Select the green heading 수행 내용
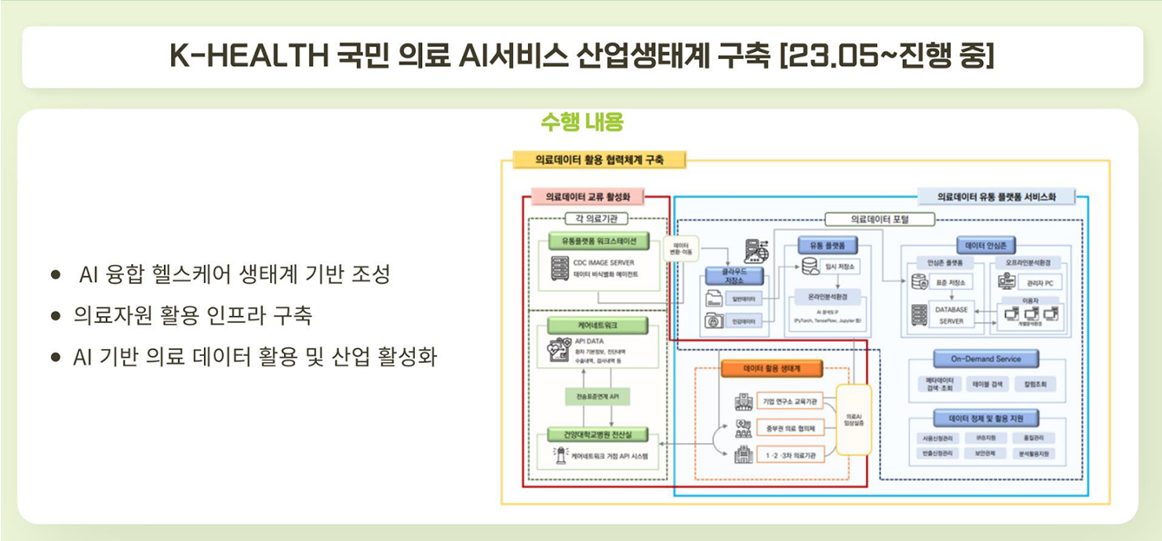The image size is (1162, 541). pos(581,122)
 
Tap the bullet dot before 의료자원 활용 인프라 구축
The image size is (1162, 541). pos(56,316)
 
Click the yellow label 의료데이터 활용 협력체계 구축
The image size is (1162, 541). pos(599,160)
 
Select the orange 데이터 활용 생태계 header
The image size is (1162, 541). pos(771,368)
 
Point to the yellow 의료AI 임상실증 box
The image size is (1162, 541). pos(853,419)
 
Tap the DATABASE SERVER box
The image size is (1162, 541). pos(951,314)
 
